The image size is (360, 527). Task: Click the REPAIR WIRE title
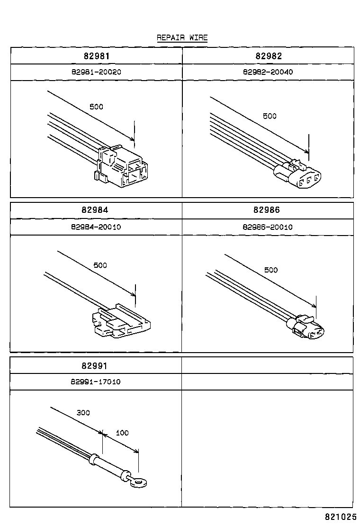coord(182,38)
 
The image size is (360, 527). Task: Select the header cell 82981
coord(96,56)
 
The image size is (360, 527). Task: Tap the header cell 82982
coord(268,56)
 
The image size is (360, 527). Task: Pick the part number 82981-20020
coord(96,72)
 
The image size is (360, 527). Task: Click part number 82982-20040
coord(268,72)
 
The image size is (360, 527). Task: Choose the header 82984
coord(96,210)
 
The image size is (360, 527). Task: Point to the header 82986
coord(268,210)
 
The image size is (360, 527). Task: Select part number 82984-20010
coord(96,227)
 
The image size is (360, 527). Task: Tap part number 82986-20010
coord(268,227)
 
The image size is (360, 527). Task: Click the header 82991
coord(96,366)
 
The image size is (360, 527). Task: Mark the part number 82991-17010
coord(96,382)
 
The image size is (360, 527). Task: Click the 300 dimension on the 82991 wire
coord(83,413)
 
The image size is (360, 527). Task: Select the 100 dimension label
coord(122,433)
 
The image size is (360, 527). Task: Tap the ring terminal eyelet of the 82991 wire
coord(138,483)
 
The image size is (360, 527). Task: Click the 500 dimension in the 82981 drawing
coord(96,107)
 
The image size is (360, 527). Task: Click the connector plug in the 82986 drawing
coord(308,328)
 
